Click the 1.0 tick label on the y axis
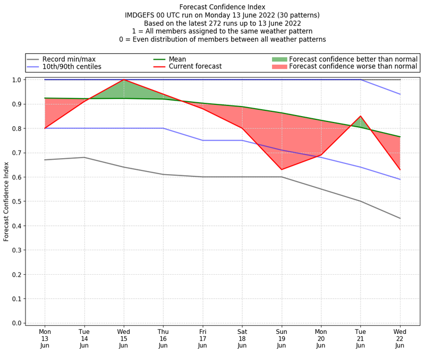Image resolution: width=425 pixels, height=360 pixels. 17,80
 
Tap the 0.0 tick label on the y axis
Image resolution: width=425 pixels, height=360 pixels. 17,323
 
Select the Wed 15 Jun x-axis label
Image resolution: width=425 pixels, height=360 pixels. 124,338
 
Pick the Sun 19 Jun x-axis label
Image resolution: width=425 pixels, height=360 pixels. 282,338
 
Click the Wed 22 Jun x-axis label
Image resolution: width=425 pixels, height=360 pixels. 400,338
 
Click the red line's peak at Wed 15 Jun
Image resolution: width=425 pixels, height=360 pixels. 124,80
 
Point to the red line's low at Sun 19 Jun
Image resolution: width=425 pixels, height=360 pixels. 282,169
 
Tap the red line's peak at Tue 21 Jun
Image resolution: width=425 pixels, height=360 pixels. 361,116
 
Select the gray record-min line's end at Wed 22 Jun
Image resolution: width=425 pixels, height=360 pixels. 400,218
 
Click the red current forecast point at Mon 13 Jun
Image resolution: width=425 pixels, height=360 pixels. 45,128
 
